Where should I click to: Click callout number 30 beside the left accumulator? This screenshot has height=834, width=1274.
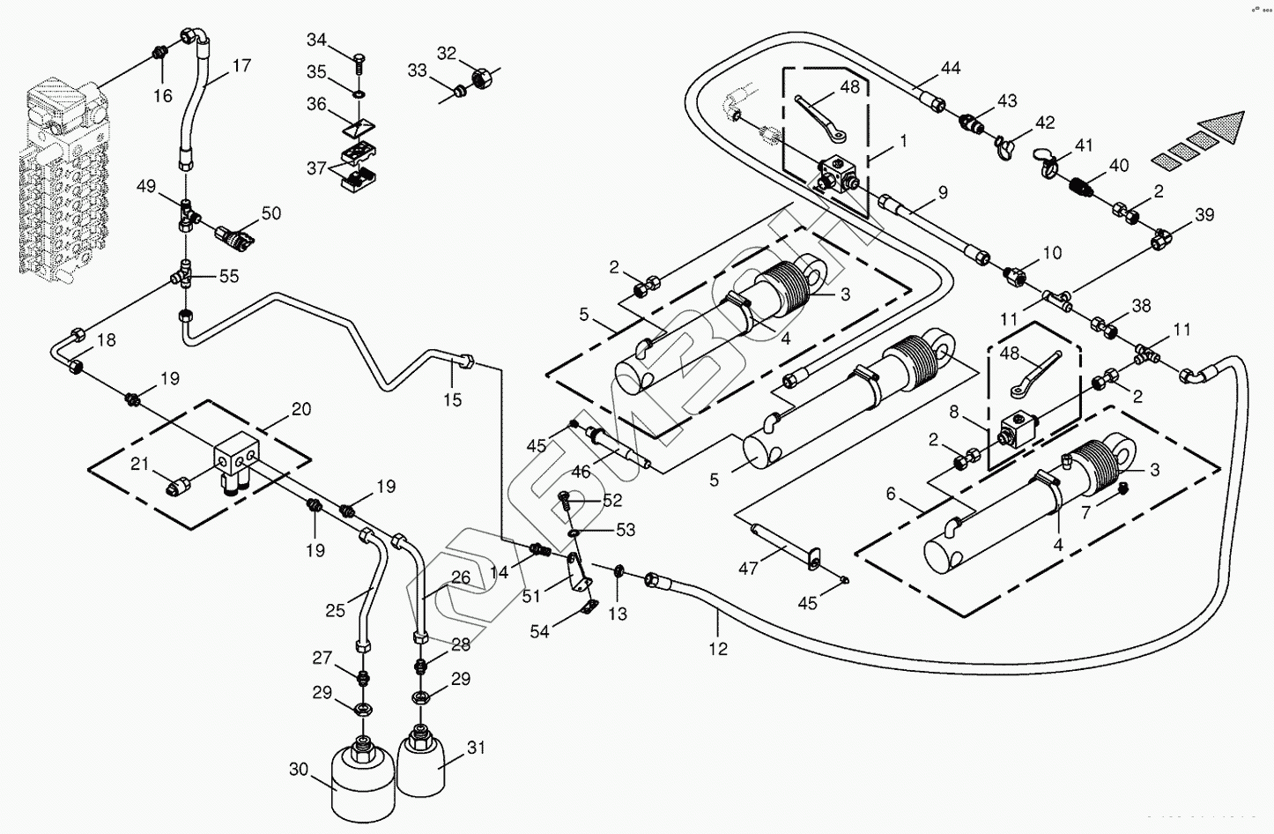tap(299, 770)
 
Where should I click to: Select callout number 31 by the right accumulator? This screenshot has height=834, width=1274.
tap(476, 748)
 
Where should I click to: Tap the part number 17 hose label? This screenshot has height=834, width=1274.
tap(241, 65)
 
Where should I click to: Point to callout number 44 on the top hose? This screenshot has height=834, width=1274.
tap(951, 68)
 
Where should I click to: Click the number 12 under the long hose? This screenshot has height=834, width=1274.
tap(718, 649)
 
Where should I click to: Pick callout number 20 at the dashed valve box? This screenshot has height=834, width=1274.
tap(301, 409)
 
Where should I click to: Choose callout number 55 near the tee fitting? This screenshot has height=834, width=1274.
tap(229, 276)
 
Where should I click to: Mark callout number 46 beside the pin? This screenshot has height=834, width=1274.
tap(581, 472)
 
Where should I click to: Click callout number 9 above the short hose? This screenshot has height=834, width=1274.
tap(943, 191)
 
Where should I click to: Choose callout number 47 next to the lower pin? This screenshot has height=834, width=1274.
tap(748, 570)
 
